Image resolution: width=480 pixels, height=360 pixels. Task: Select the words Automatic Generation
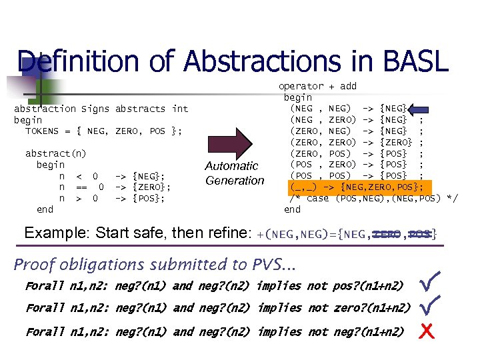[235, 173]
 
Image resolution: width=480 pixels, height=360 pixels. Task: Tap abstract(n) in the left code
[56, 154]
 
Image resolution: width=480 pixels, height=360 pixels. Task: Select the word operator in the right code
[301, 86]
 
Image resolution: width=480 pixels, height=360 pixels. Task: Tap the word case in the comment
[318, 198]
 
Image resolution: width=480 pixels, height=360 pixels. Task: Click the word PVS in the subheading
[266, 265]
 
